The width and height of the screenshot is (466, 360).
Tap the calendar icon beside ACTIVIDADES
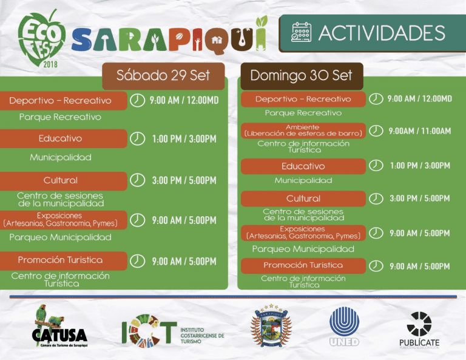[301, 32]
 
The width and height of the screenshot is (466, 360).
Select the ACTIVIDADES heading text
[382, 33]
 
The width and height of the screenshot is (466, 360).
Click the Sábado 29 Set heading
[163, 75]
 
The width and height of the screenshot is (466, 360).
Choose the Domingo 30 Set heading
[301, 75]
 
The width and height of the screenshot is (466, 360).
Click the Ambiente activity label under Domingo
[303, 130]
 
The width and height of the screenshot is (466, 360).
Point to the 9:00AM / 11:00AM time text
[419, 131]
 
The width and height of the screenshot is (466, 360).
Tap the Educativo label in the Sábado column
[60, 138]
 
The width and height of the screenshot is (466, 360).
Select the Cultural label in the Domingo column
[303, 199]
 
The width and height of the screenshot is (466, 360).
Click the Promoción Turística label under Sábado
[60, 260]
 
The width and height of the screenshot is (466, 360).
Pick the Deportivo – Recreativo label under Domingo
[303, 99]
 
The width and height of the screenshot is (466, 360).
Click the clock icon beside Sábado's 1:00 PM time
[138, 138]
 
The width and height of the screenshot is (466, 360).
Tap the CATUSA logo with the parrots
[59, 327]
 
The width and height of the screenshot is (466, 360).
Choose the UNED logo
[344, 326]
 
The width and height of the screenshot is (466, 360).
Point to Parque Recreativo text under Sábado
[60, 117]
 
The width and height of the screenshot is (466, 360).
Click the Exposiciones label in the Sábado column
[60, 219]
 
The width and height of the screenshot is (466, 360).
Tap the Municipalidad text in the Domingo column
[303, 180]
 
